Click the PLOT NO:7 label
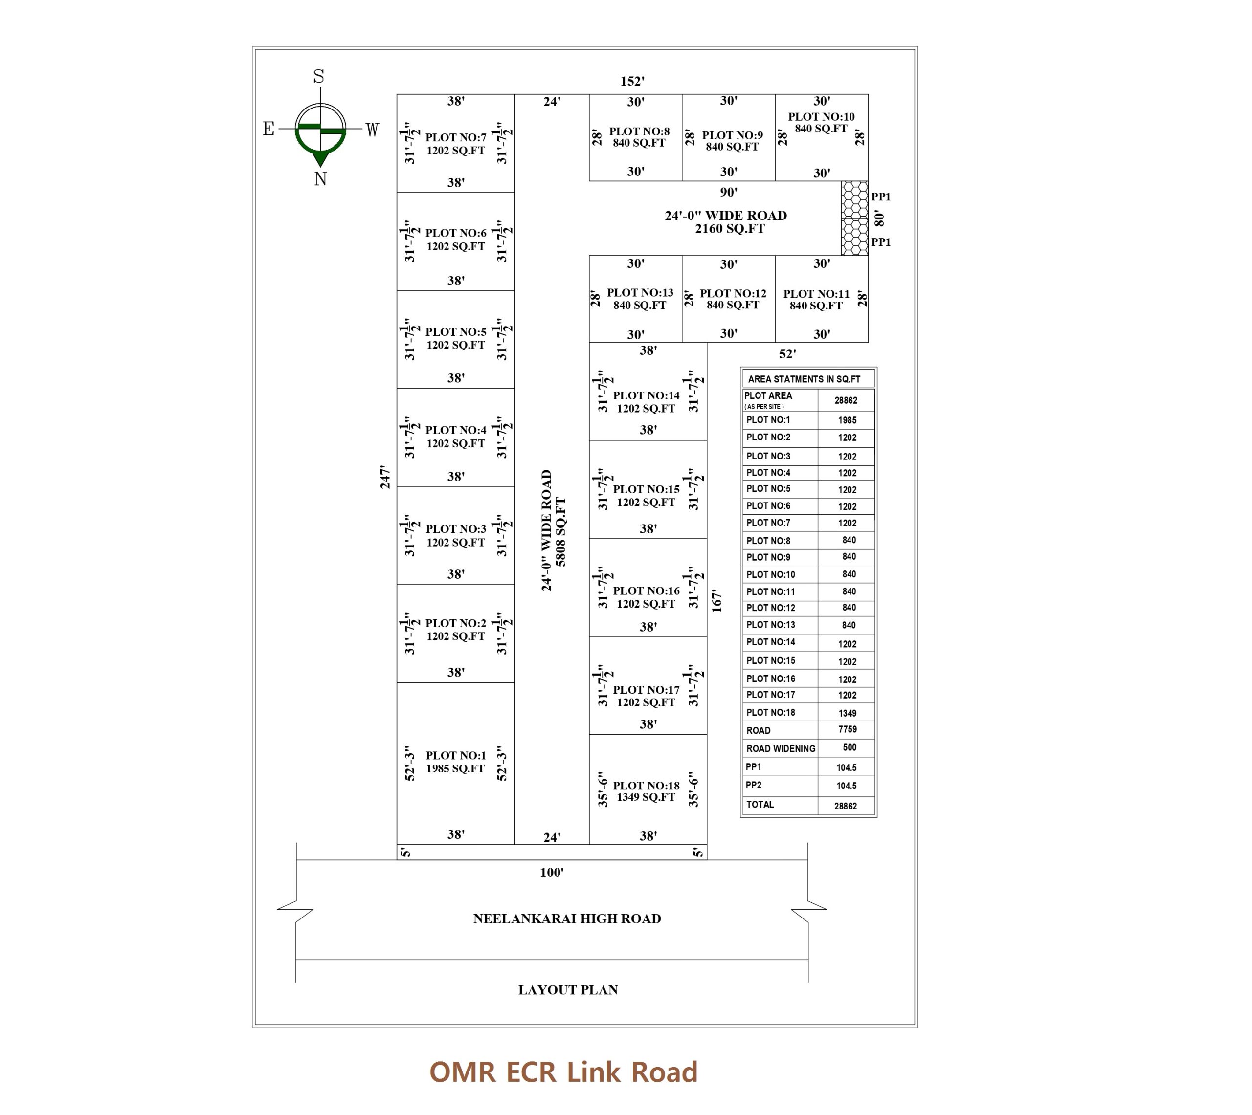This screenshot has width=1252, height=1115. point(455,137)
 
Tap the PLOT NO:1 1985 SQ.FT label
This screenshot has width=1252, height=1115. point(455,762)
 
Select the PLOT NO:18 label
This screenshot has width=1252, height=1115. point(646,786)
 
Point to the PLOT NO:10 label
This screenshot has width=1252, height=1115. point(821,116)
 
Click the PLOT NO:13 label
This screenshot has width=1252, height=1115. point(640,293)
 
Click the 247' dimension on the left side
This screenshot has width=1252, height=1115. point(385,477)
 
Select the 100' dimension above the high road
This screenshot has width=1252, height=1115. point(552,873)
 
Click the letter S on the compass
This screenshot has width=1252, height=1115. point(319,77)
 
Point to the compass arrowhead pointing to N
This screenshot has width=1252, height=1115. point(320,159)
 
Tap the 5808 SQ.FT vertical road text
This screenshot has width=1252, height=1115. point(561,531)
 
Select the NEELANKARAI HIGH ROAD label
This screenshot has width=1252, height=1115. point(567,918)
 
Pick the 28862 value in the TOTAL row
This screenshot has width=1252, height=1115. point(845,806)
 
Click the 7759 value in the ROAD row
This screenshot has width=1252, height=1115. point(847,729)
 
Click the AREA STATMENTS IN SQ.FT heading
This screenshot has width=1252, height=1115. point(804,379)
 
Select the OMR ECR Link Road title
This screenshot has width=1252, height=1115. point(563,1072)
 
